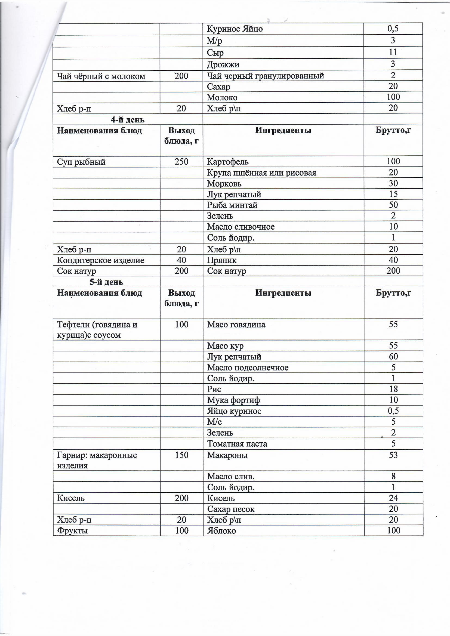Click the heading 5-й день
[106, 282]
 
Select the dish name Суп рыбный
[81, 162]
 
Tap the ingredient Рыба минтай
[232, 205]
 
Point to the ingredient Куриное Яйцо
[235, 29]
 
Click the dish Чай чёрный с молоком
[101, 76]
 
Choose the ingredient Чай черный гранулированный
[266, 76]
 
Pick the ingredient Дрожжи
[223, 64]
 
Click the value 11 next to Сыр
[393, 52]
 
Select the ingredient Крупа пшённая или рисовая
[261, 173]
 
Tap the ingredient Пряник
[222, 260]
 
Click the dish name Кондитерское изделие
[101, 260]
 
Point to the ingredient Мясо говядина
[236, 324]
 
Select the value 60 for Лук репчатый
[393, 357]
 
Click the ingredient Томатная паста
[237, 444]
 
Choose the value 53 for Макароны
[393, 455]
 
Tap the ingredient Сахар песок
[230, 509]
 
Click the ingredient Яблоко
[221, 531]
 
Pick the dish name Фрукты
[72, 531]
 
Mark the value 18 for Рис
[393, 389]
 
